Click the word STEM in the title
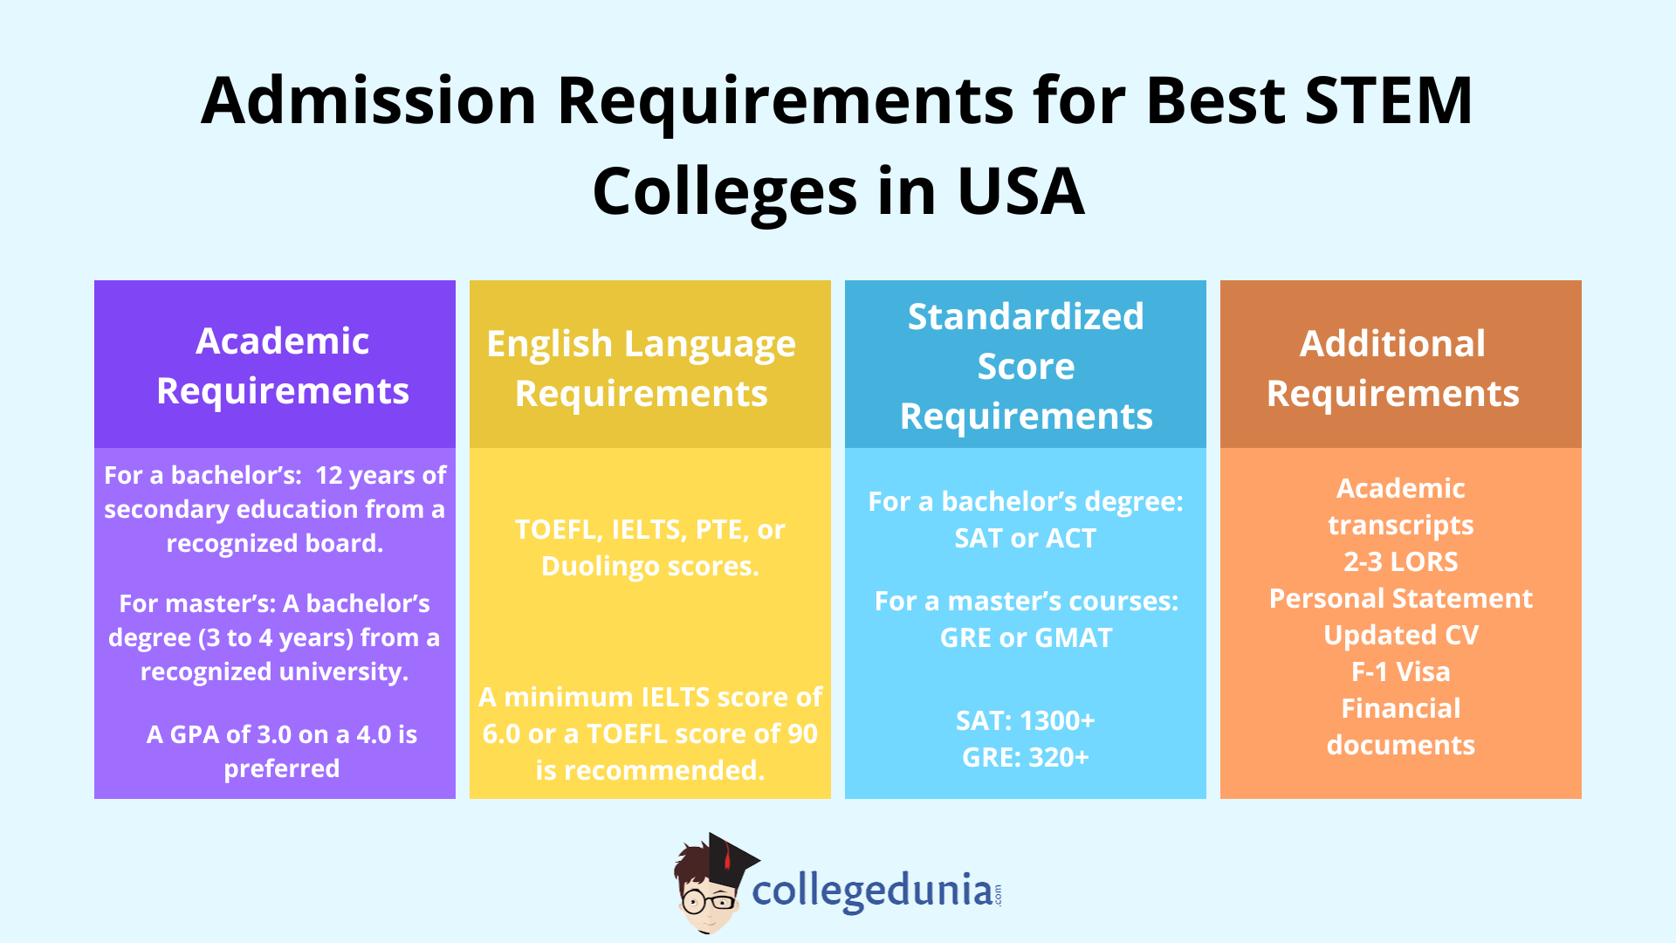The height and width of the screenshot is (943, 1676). click(x=1388, y=100)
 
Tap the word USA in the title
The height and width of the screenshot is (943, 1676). click(x=1020, y=192)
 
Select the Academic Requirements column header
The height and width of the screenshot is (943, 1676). click(x=282, y=365)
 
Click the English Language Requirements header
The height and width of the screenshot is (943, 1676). click(x=641, y=368)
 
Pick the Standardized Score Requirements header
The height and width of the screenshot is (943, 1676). click(x=1026, y=366)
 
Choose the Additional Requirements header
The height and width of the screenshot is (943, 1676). click(x=1392, y=368)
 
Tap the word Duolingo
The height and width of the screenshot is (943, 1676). click(x=600, y=567)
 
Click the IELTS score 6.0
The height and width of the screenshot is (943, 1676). click(x=501, y=734)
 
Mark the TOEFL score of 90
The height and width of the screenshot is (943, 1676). click(x=797, y=734)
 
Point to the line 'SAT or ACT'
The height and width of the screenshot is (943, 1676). click(x=1025, y=539)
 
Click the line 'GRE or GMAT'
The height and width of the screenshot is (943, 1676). click(x=1026, y=638)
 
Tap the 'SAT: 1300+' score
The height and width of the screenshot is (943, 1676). click(x=1025, y=721)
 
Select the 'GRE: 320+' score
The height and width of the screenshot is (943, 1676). click(x=1025, y=758)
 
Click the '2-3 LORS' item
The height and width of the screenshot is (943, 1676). click(x=1400, y=561)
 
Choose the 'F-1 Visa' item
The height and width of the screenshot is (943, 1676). click(x=1400, y=672)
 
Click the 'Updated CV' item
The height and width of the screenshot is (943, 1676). click(x=1400, y=636)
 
